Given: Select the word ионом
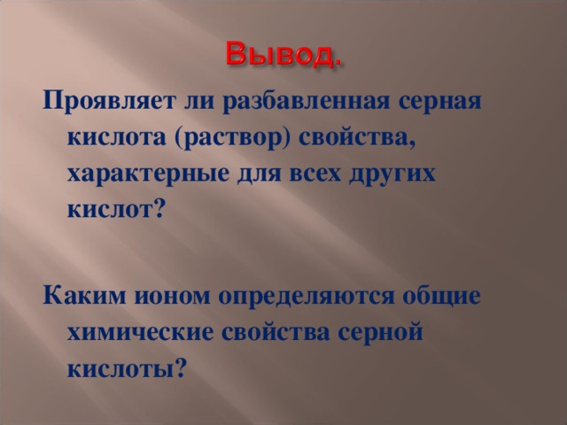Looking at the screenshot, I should pos(160,295).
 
